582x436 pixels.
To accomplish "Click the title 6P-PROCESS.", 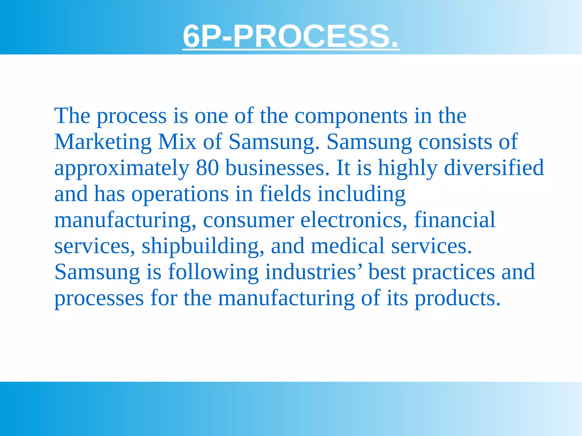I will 291,36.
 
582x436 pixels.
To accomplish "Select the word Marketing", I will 103,142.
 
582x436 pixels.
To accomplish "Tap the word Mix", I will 177,142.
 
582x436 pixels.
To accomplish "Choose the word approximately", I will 122,168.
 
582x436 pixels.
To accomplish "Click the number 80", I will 207,168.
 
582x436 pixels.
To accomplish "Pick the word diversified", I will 494,168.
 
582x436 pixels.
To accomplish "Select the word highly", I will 408,168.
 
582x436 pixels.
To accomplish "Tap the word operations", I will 180,194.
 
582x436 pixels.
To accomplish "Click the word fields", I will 285,194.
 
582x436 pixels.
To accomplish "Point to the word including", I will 361,194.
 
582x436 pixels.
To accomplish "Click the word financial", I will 455,220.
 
